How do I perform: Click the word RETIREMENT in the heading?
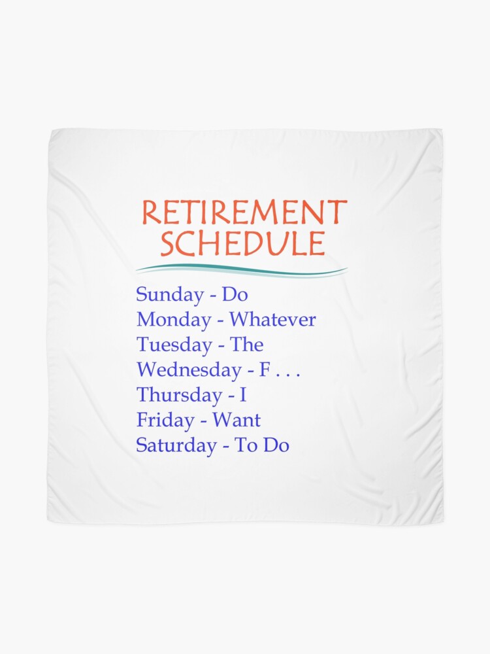point(244,214)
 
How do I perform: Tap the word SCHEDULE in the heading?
point(242,244)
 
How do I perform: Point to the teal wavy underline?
point(241,269)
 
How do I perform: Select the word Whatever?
point(272,320)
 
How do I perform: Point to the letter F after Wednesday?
point(265,370)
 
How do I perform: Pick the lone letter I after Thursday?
point(243,395)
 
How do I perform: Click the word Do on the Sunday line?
point(235,295)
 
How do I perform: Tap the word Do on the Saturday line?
point(276,445)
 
